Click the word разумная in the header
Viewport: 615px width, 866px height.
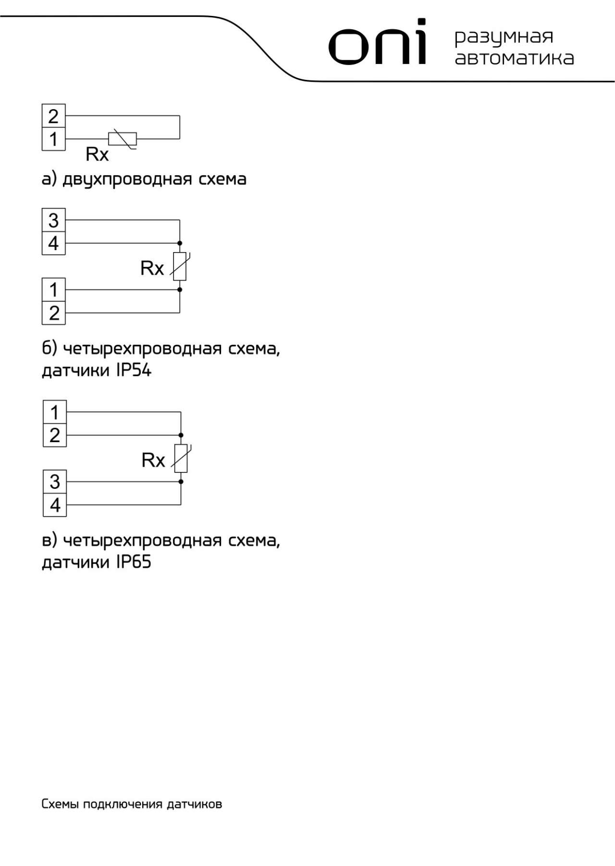[504, 37]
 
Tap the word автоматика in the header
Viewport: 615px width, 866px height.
[514, 58]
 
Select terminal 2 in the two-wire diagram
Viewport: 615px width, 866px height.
[54, 116]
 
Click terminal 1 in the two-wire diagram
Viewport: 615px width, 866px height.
[54, 139]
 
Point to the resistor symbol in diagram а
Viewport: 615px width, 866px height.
[123, 139]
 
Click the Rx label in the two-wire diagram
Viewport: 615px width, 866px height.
[97, 154]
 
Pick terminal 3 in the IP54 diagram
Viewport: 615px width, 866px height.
[54, 220]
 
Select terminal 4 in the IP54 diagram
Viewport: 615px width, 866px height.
[54, 243]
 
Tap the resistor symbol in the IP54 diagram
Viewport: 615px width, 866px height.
[180, 266]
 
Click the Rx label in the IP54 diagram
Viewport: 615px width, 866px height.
[152, 268]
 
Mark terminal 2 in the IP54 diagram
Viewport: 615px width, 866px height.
[54, 313]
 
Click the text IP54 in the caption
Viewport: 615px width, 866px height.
[134, 370]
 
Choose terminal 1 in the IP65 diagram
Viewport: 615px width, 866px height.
[55, 412]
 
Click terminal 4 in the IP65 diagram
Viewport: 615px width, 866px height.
[55, 505]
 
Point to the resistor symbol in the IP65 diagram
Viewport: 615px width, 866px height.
[181, 458]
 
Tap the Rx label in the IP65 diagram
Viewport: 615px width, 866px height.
[153, 460]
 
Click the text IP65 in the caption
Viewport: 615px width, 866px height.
[134, 562]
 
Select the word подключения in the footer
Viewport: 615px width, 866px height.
[123, 804]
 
